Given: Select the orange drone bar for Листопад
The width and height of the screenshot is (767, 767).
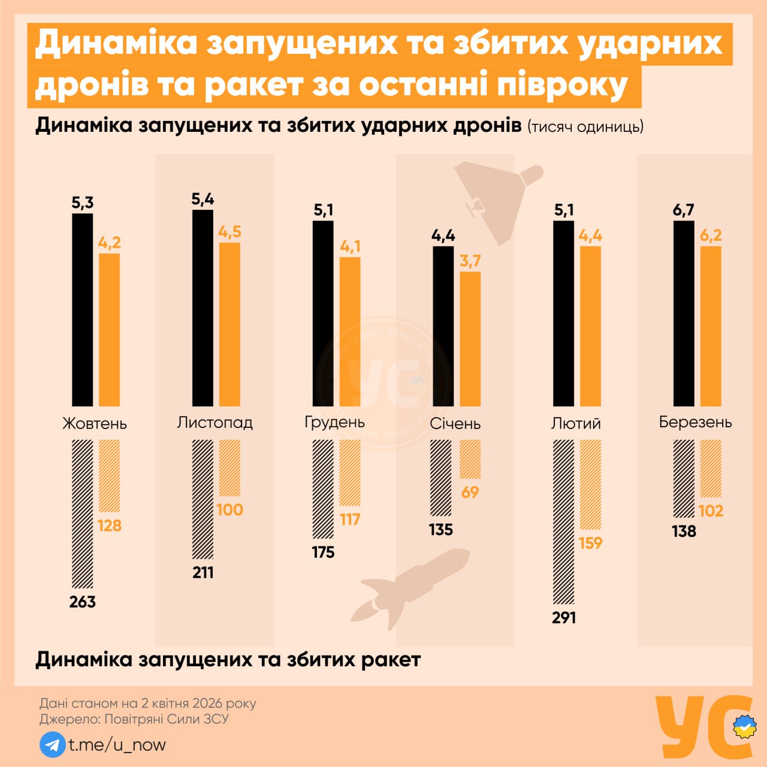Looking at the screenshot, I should click(x=230, y=324).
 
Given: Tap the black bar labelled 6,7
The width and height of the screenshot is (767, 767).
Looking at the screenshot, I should click(x=684, y=313).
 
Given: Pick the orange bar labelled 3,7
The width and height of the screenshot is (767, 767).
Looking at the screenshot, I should click(x=470, y=339).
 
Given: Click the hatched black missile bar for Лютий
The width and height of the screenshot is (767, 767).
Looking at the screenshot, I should click(x=563, y=521).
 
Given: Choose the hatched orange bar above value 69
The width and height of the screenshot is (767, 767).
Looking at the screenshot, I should click(x=470, y=459).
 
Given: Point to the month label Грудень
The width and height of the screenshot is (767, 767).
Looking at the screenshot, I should click(x=334, y=422).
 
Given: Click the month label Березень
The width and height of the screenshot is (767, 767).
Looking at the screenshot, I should click(x=695, y=422).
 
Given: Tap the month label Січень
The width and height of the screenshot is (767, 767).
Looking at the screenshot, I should click(x=455, y=424).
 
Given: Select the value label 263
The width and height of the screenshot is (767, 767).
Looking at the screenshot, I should click(x=83, y=602).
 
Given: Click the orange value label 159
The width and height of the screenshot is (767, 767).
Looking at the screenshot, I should click(x=590, y=543).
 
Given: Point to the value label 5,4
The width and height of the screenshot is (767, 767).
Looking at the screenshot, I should click(x=203, y=199).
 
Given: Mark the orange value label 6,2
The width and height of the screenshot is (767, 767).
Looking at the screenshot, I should click(x=711, y=235).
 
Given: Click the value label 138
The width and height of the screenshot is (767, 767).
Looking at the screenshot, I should click(x=684, y=532).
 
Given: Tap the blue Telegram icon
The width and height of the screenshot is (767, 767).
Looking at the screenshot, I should click(x=52, y=745).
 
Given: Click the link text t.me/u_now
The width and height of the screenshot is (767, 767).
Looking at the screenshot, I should click(x=117, y=745).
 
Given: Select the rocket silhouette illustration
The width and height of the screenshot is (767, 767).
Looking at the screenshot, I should click(x=413, y=584).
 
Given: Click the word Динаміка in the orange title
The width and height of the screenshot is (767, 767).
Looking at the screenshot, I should click(x=116, y=43).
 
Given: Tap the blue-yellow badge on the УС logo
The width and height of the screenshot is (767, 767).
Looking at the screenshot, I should click(x=744, y=727).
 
